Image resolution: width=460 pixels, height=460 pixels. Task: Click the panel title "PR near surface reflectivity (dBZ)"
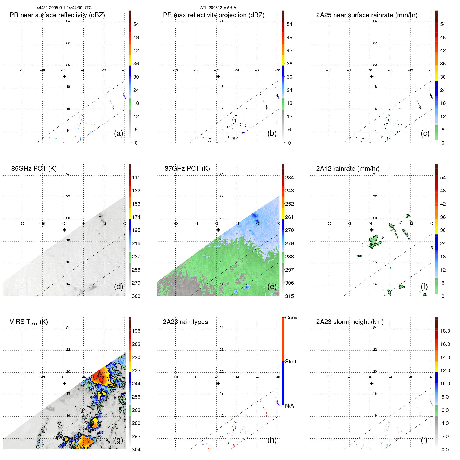[x=57, y=15]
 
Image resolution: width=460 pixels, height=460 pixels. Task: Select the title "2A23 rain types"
[x=185, y=322]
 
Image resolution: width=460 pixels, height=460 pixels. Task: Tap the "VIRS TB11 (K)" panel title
[x=29, y=322]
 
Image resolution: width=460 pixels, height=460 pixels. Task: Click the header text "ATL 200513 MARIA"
[x=218, y=8]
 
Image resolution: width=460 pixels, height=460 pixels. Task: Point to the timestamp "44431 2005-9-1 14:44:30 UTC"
[x=64, y=8]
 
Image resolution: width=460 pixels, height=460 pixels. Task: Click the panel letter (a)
[x=118, y=133]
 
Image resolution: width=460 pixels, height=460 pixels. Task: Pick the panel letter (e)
[x=272, y=286]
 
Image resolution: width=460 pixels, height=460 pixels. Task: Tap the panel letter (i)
[x=424, y=440]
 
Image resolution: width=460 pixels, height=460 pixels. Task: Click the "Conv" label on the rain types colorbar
[x=291, y=318]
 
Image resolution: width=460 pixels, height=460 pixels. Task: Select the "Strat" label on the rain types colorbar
[x=291, y=362]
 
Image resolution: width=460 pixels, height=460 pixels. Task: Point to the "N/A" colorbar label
[x=289, y=406]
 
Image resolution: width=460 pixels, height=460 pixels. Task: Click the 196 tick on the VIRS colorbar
[x=136, y=331]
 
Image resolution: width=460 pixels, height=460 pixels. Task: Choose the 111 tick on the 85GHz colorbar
[x=136, y=178]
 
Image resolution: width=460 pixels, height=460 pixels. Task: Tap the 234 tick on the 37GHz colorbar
[x=289, y=178]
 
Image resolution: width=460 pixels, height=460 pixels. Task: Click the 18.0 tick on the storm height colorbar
[x=445, y=331]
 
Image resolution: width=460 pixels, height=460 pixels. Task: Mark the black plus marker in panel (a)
[x=65, y=76]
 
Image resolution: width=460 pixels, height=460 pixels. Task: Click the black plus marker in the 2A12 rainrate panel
[x=371, y=230]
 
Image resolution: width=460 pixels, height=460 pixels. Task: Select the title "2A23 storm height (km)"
[x=350, y=322]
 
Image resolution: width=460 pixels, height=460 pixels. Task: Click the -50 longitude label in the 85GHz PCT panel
[x=22, y=224]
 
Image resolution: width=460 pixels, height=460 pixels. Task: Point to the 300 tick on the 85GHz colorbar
[x=136, y=296]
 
